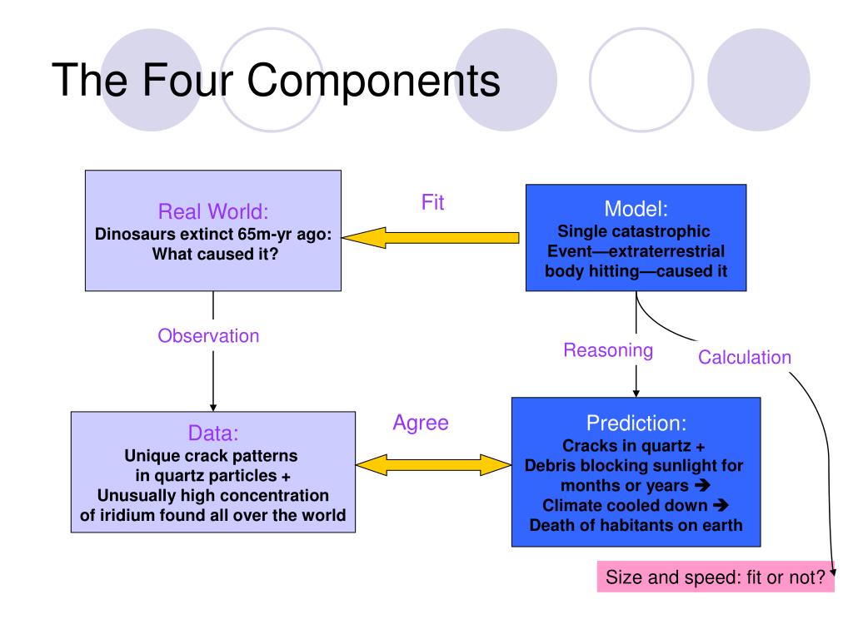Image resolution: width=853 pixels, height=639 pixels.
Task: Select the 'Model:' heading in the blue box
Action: [x=636, y=208]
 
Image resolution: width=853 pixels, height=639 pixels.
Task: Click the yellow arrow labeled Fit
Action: [x=433, y=238]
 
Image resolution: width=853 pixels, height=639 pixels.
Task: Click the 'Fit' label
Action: [x=432, y=203]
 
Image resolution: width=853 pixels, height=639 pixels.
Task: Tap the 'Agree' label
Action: [x=420, y=423]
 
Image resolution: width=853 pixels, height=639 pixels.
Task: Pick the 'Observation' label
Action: [x=208, y=336]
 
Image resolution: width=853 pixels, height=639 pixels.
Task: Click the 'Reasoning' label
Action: [x=608, y=350]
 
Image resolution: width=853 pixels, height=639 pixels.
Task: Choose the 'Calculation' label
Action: [x=744, y=358]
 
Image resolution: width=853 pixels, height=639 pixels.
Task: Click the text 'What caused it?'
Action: [x=214, y=253]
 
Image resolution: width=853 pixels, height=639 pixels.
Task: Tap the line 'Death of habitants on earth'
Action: [x=636, y=525]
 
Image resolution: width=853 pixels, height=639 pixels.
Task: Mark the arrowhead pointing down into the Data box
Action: [x=213, y=406]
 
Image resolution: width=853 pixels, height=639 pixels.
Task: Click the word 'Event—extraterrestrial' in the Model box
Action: [x=636, y=251]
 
